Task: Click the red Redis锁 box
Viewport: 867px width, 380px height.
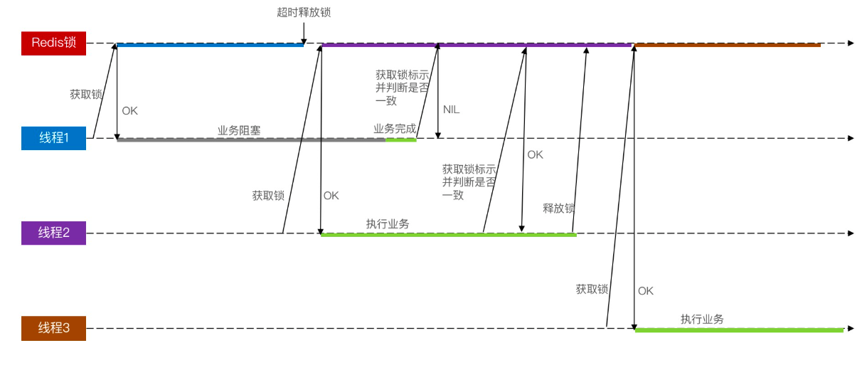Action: [x=53, y=43]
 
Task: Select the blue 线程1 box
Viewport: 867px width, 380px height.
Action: [x=53, y=138]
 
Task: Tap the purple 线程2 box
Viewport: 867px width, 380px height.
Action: [x=53, y=233]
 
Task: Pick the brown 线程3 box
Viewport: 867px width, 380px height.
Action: [x=53, y=328]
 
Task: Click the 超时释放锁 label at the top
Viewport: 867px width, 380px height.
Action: [x=304, y=12]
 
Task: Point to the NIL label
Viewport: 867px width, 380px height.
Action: [x=451, y=110]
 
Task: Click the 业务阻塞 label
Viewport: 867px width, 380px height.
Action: [x=239, y=131]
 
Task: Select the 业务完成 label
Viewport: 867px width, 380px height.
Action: [x=395, y=129]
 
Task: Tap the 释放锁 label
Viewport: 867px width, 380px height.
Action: [x=558, y=209]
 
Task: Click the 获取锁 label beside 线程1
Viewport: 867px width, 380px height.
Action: [x=85, y=94]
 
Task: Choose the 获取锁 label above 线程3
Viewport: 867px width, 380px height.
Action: [x=592, y=289]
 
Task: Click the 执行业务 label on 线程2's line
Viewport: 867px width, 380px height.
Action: [x=388, y=223]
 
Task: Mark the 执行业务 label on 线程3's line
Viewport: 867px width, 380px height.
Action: [x=702, y=319]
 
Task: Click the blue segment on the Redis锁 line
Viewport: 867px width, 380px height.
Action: [x=210, y=46]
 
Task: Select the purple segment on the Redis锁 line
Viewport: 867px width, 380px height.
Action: [x=477, y=46]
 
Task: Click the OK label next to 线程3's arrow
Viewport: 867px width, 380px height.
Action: [x=645, y=291]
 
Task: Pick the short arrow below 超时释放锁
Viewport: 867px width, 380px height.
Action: [x=304, y=32]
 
